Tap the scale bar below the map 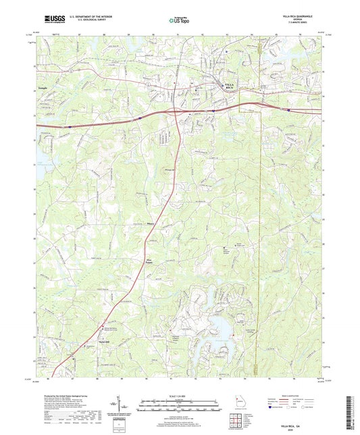180,407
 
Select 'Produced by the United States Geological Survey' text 64,395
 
